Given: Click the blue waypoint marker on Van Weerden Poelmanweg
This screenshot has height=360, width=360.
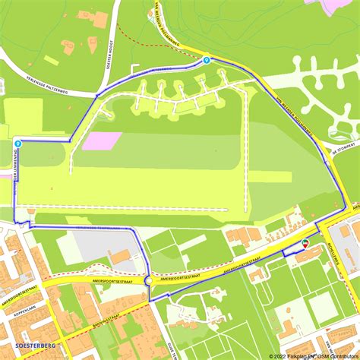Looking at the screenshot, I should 206,59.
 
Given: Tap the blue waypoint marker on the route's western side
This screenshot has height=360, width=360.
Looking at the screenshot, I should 17,142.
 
